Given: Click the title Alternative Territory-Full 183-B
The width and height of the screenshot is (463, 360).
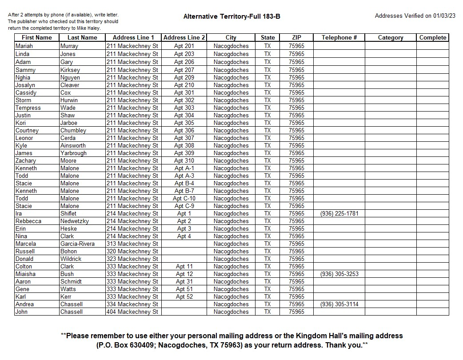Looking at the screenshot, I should click(231, 17).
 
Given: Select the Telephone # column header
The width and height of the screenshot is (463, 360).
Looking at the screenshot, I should click(339, 38).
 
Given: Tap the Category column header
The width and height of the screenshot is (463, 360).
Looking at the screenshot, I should click(391, 38).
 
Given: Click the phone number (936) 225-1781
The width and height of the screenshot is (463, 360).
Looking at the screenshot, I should click(339, 214).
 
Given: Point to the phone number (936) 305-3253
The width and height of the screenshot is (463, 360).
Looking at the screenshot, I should click(339, 274).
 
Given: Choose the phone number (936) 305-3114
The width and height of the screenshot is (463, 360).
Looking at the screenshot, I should click(339, 304).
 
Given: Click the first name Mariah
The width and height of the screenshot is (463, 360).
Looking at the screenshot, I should click(24, 46).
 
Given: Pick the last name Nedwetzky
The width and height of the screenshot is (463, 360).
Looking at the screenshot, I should click(75, 221).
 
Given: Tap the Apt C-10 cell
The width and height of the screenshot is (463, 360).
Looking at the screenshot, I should click(184, 199).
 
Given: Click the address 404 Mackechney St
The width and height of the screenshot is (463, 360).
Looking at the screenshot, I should click(132, 312).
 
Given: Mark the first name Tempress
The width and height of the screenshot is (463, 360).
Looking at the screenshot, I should click(28, 108).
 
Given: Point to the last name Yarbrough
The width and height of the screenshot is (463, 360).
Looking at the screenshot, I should click(73, 153).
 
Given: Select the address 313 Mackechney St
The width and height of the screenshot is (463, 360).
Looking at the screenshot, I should click(132, 244).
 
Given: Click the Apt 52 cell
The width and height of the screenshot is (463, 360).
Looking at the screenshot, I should click(184, 297).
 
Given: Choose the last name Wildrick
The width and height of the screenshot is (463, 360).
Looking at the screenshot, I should click(71, 259).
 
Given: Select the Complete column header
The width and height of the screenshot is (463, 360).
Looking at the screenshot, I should click(432, 38).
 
